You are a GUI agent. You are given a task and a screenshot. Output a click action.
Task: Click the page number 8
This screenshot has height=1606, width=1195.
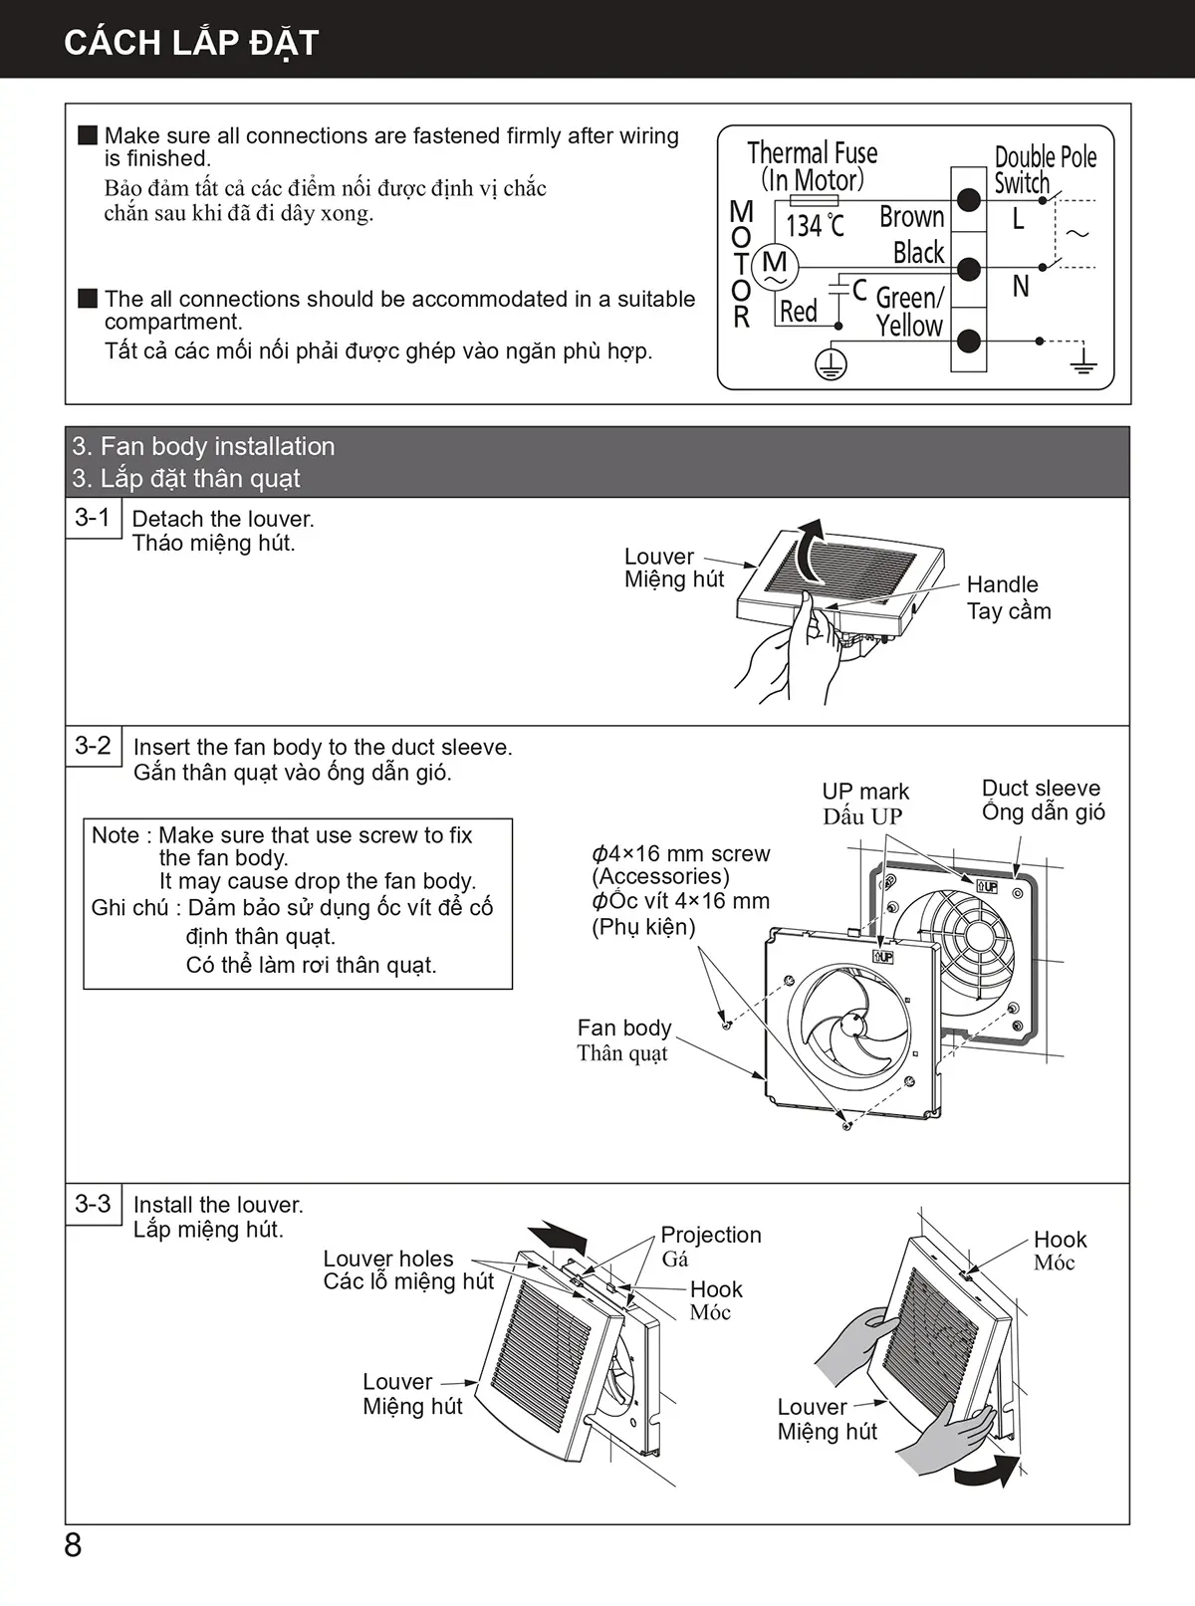point(73,1544)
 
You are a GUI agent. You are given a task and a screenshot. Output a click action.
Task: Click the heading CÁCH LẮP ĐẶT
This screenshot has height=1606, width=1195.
point(191,42)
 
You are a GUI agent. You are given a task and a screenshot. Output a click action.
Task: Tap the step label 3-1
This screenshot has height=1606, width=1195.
point(93,517)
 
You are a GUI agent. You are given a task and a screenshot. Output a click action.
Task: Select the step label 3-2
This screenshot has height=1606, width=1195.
point(93,745)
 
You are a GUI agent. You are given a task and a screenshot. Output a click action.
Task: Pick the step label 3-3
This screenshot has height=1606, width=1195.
point(93,1203)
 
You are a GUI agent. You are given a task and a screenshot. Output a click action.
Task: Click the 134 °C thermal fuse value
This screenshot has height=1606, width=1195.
point(815,226)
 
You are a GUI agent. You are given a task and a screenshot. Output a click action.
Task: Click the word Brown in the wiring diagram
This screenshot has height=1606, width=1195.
point(911,217)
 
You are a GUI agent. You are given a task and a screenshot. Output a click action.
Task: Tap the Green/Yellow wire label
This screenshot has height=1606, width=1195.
point(909,311)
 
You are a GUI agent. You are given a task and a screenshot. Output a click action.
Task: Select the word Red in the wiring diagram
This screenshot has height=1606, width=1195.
point(799,312)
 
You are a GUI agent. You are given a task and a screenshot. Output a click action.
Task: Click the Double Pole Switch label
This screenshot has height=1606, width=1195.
point(1044,169)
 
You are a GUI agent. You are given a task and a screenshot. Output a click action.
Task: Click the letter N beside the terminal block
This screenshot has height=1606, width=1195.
point(1021,287)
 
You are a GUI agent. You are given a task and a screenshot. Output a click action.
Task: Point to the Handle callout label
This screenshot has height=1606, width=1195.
point(1002,584)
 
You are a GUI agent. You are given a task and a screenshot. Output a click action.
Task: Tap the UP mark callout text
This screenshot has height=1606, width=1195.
point(865,792)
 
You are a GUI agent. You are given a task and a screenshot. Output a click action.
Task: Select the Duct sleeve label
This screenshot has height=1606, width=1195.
point(1041,789)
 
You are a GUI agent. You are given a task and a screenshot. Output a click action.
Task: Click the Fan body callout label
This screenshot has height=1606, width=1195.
point(624,1028)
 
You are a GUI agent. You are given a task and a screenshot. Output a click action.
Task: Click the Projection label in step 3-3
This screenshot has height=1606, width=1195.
point(711,1235)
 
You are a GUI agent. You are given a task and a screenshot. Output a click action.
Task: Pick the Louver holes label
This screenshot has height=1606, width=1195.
point(388,1259)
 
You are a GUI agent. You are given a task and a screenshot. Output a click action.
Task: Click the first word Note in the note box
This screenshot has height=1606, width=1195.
point(114,835)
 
